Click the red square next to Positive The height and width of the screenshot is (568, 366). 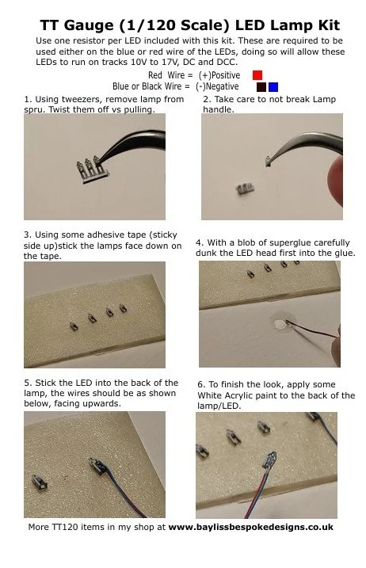257,75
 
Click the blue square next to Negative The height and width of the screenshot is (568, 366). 273,87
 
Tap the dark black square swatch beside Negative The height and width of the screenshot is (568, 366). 261,87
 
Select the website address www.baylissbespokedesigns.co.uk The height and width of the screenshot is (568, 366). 251,527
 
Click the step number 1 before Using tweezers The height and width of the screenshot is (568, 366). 26,99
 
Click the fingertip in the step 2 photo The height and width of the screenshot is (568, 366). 336,181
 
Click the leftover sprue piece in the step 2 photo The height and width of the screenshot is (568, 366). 246,189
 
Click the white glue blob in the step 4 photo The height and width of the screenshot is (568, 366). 280,323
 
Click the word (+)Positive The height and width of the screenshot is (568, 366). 219,75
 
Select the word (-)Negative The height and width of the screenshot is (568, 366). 217,86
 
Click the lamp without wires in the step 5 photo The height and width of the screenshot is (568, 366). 39,482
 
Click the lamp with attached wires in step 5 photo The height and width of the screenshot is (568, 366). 98,466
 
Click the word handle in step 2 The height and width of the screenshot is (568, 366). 218,109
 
